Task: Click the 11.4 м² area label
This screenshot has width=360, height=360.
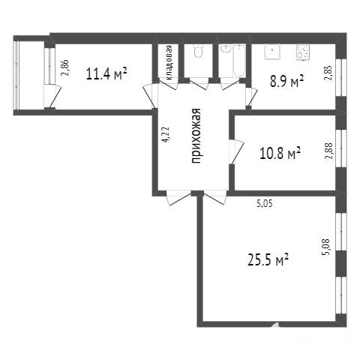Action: point(106,73)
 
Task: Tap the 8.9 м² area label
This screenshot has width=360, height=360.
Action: point(286,82)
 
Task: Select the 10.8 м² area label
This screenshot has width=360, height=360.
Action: point(280,153)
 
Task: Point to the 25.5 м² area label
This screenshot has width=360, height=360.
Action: point(268,259)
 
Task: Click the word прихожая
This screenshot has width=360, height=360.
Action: point(196,136)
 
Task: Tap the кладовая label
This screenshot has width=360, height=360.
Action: point(169,62)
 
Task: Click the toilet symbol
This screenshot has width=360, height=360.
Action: point(199,52)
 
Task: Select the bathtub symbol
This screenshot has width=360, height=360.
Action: point(239,61)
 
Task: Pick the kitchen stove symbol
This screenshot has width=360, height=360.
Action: point(303,52)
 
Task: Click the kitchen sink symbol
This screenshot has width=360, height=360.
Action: point(272,52)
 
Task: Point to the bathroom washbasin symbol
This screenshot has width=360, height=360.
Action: point(226,49)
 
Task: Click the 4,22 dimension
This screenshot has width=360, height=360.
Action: point(166,135)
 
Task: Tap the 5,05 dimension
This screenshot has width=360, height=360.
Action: point(265,204)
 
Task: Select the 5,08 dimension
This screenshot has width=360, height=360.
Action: point(327,247)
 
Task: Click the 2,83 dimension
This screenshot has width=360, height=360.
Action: point(328,73)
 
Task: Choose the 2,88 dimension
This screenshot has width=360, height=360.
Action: point(328,151)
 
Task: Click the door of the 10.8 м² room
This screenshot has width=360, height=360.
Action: point(236,151)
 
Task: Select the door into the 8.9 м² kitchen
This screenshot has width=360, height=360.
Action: point(251,97)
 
